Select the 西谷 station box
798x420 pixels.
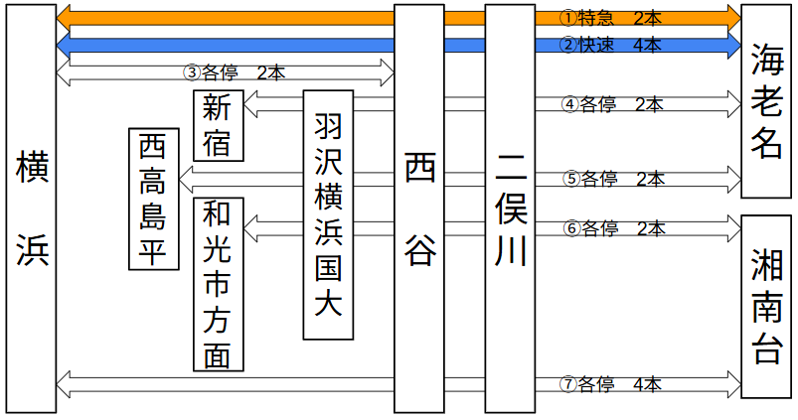click(x=418, y=209)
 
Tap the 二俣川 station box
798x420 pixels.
click(x=510, y=209)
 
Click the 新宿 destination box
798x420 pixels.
click(x=218, y=125)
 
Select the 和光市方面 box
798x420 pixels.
click(x=218, y=284)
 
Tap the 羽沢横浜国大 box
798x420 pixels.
click(x=328, y=213)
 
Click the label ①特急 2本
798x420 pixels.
click(x=610, y=18)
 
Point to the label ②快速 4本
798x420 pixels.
click(x=610, y=45)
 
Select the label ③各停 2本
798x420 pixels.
click(x=236, y=72)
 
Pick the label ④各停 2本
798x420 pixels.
click(x=612, y=103)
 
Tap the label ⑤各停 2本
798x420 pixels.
click(x=612, y=179)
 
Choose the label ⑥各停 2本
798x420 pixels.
click(x=612, y=228)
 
